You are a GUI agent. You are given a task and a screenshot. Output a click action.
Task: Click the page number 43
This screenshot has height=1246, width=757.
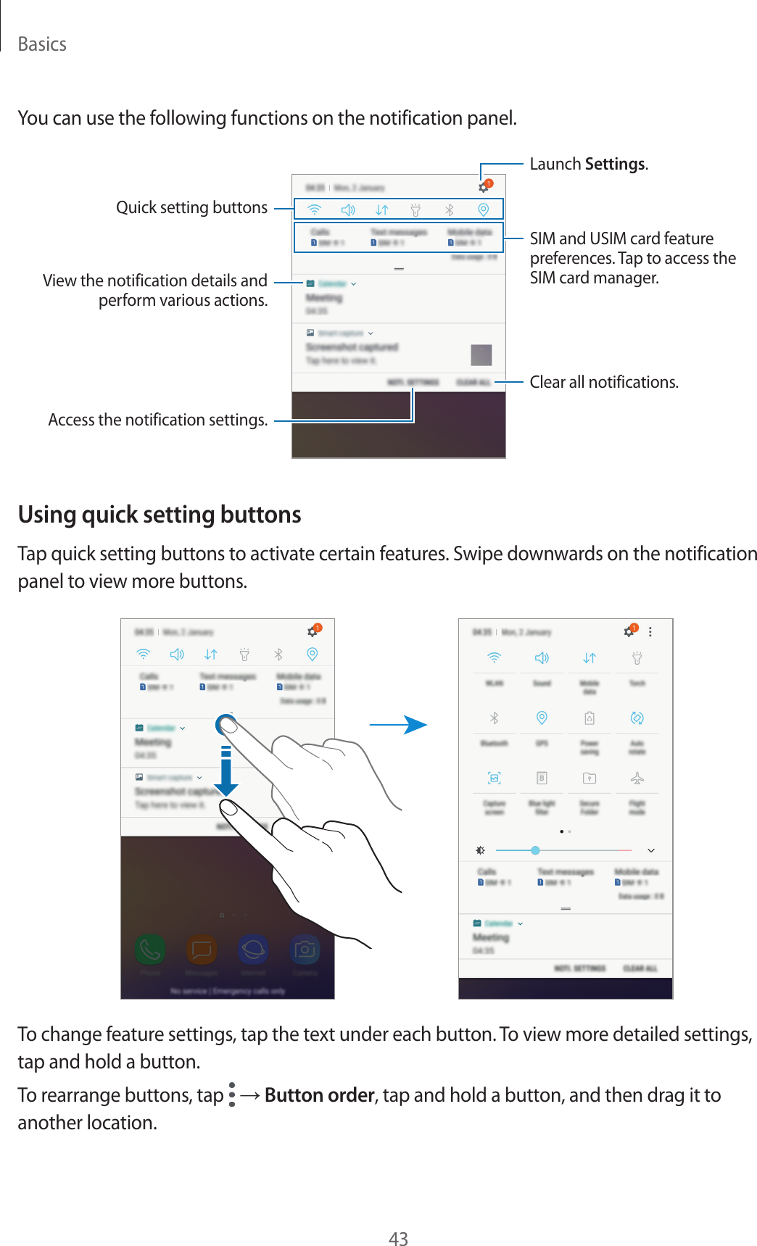tap(398, 1238)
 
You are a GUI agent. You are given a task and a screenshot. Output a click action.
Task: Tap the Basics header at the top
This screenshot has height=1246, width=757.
tap(42, 44)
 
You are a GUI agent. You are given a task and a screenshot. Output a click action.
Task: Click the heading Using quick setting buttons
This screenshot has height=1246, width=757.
tap(160, 514)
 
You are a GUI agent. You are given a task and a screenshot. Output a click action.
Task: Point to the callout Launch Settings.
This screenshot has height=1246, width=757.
tap(588, 164)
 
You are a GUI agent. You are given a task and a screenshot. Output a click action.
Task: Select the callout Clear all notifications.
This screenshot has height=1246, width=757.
tap(603, 382)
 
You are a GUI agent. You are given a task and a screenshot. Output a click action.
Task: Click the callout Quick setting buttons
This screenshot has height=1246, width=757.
tap(191, 208)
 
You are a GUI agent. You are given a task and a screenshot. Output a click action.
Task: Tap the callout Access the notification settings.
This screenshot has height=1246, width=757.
tap(157, 420)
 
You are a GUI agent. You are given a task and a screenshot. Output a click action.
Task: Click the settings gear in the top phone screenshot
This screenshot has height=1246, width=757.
tap(484, 188)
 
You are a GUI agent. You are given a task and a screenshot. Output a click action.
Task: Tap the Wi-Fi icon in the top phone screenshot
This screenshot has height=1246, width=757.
tap(315, 209)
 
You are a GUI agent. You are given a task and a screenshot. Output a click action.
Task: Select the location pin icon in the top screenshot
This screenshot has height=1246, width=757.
tap(483, 209)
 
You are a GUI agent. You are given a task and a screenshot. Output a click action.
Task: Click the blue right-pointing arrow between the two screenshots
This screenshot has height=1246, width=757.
tap(398, 724)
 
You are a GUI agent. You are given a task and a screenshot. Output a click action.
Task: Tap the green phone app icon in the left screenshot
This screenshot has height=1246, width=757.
tap(150, 949)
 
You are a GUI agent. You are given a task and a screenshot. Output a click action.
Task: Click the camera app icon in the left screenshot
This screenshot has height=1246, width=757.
tap(305, 949)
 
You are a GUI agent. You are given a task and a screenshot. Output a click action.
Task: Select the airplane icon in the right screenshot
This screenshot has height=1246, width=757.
tap(637, 778)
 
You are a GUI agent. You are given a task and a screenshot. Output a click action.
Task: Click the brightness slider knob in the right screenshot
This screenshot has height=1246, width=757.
tap(535, 850)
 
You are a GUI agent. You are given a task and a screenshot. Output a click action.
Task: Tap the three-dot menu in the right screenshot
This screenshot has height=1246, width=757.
tap(650, 632)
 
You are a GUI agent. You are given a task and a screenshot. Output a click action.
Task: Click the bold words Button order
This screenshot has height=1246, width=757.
tap(319, 1095)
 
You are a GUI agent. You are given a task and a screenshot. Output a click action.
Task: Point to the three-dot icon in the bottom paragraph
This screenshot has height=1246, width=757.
tap(232, 1095)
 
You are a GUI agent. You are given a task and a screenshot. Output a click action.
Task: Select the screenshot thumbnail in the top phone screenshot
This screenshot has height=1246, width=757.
tap(481, 355)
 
